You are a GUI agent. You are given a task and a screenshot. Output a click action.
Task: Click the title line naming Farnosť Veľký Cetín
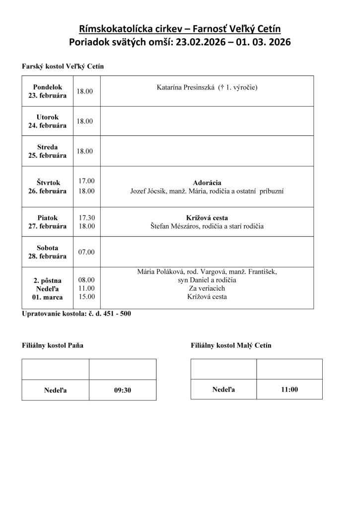click(180, 28)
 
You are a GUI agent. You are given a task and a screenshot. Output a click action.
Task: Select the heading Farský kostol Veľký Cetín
click(63, 66)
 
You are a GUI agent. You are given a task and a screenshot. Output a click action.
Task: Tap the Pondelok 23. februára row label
click(48, 91)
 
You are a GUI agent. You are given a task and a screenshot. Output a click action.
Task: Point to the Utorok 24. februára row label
click(48, 122)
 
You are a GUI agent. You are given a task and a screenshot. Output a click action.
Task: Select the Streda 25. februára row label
click(48, 151)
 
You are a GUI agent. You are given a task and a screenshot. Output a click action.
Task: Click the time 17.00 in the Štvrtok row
click(86, 181)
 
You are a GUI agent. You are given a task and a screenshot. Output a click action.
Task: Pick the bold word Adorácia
click(207, 182)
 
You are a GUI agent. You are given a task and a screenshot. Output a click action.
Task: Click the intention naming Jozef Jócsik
click(207, 191)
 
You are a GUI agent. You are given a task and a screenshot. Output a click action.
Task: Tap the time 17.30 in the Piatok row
click(86, 218)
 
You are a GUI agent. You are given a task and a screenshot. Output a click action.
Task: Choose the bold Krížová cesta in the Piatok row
click(207, 218)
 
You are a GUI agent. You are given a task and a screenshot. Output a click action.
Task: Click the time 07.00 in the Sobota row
click(86, 252)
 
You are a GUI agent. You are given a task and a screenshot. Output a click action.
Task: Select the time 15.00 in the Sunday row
click(86, 297)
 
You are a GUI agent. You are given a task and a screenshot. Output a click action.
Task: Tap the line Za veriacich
click(207, 288)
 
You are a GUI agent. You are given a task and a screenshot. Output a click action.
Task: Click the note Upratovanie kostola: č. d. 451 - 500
click(76, 314)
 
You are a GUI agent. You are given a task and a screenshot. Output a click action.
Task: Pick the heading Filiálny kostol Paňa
click(53, 345)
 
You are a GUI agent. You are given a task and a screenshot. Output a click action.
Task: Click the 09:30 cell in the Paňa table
click(122, 390)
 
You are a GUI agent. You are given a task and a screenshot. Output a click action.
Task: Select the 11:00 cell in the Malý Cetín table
click(289, 389)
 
